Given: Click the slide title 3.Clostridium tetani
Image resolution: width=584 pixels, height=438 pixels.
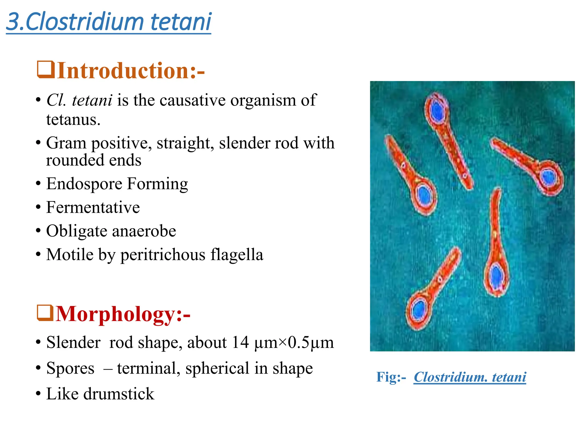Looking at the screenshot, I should pyautogui.click(x=108, y=22).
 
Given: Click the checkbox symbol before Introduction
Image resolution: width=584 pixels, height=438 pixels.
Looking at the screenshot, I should pyautogui.click(x=45, y=70).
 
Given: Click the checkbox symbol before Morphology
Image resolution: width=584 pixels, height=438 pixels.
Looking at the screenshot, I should pyautogui.click(x=45, y=313).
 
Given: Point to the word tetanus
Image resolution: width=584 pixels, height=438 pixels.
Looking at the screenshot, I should pyautogui.click(x=73, y=120).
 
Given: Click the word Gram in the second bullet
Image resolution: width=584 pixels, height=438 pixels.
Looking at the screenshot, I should pyautogui.click(x=66, y=143).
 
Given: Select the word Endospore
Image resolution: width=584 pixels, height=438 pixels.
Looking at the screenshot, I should pyautogui.click(x=84, y=184).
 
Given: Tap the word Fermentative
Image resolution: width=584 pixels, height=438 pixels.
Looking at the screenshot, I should pyautogui.click(x=93, y=207).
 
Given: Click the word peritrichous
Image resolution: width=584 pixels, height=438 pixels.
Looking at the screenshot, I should pyautogui.click(x=163, y=255).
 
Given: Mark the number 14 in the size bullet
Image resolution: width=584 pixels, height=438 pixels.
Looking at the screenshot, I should pyautogui.click(x=240, y=342).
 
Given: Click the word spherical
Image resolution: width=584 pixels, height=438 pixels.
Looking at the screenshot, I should pyautogui.click(x=217, y=368).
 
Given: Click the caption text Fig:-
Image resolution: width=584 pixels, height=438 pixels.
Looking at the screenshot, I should pyautogui.click(x=391, y=377).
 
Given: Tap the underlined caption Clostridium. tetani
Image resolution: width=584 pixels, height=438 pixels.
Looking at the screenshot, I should pyautogui.click(x=470, y=377).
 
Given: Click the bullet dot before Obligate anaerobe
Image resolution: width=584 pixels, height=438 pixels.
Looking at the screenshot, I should pyautogui.click(x=38, y=231).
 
